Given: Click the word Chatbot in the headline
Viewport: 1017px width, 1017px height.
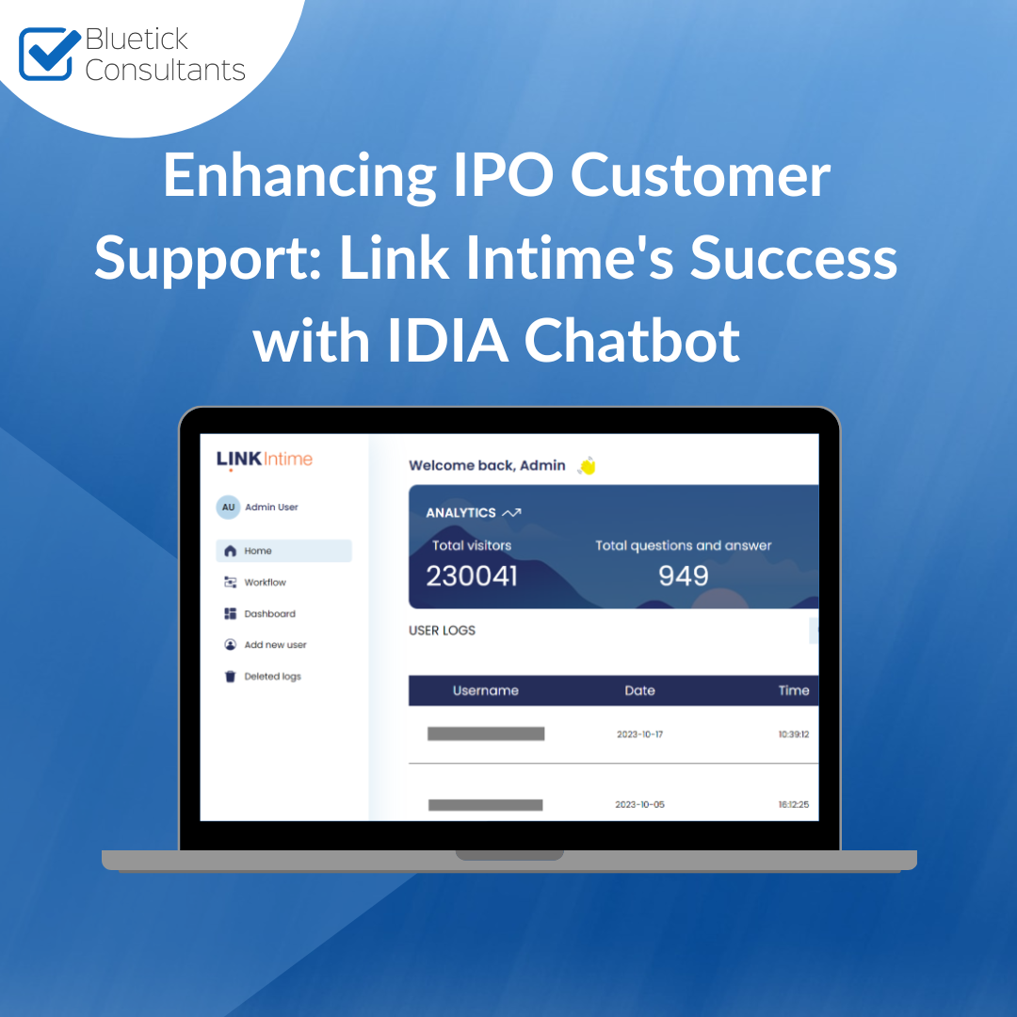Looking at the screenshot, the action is (x=632, y=340).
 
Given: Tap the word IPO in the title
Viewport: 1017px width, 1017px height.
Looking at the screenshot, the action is (x=503, y=174).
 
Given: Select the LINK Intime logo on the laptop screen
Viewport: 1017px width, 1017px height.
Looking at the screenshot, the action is (x=264, y=460).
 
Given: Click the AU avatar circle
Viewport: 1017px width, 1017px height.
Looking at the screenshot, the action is (x=228, y=508).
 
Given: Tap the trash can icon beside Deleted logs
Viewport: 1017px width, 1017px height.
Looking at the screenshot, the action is (x=230, y=676).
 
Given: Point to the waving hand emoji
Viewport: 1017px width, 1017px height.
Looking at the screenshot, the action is (x=587, y=466).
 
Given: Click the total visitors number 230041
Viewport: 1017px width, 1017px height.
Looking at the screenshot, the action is (x=472, y=576).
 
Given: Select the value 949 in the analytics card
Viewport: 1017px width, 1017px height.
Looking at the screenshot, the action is (x=683, y=576).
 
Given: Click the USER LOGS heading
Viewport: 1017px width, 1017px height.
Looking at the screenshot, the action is (x=442, y=630).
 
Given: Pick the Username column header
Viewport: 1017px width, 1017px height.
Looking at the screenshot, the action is (x=486, y=691).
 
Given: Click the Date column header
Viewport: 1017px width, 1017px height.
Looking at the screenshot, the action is (x=639, y=691).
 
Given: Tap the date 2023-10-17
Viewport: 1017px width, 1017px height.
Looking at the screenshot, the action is (x=639, y=734).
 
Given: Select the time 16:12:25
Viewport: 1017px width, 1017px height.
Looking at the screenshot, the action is (x=794, y=804).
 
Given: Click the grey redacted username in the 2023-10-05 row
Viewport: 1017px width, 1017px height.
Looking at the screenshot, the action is (x=485, y=805).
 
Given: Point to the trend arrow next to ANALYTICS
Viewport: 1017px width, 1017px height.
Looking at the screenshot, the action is (x=511, y=513).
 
